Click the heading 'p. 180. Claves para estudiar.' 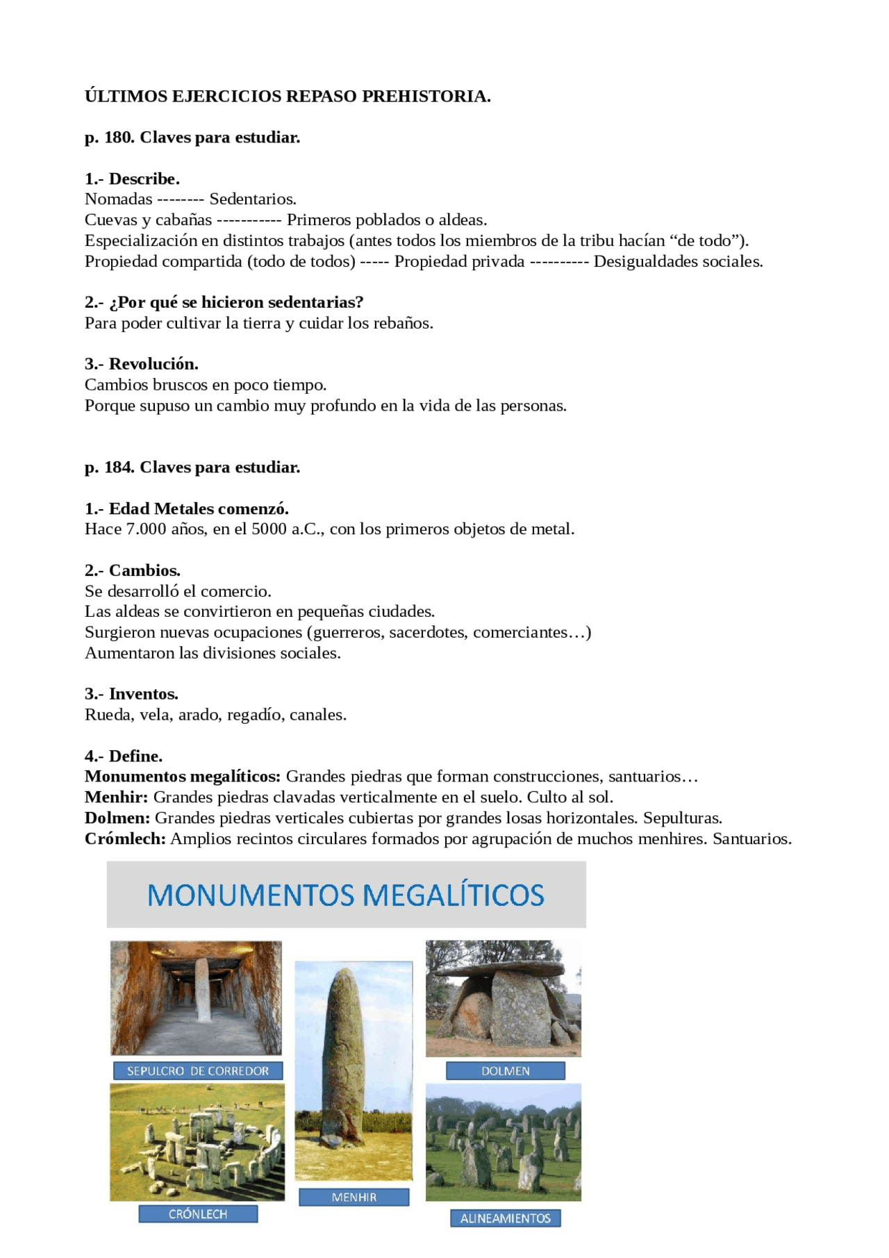click(192, 138)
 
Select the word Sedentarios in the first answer click(253, 199)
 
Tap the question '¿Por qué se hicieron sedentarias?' click(236, 302)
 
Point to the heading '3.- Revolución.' click(142, 364)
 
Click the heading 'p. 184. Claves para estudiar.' click(192, 467)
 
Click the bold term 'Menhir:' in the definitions click(116, 797)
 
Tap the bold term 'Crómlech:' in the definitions click(125, 839)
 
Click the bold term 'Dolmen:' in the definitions click(117, 818)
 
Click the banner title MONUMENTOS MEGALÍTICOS click(346, 895)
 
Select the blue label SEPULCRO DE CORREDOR click(197, 1070)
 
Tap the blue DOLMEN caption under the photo click(505, 1070)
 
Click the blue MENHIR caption click(354, 1197)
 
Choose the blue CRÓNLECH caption click(198, 1214)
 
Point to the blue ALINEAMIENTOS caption click(505, 1218)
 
